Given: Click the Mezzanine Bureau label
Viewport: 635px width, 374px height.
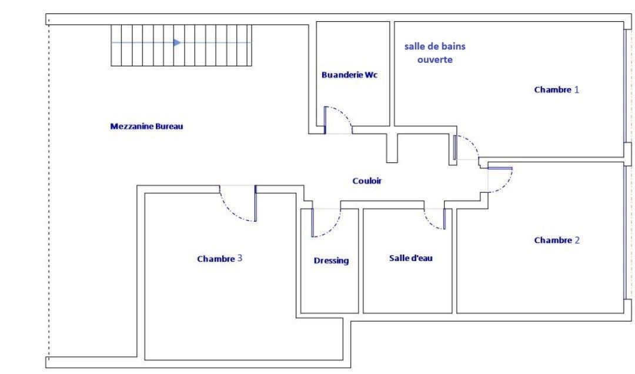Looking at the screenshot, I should pos(146,126).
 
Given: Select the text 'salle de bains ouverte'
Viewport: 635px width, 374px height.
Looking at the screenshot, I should pos(435,53).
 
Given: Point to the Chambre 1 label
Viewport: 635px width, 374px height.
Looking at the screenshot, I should pos(556,90).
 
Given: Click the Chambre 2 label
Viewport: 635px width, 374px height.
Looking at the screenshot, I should pos(556,241).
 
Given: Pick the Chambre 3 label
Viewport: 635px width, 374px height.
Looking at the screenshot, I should pos(219,259).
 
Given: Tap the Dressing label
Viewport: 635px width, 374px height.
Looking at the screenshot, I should pos(331,261).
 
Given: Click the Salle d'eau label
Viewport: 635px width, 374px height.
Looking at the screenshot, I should pos(411,258).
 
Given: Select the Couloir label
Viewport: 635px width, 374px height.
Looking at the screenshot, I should pos(367,181).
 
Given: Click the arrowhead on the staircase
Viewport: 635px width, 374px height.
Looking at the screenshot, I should pos(177,42).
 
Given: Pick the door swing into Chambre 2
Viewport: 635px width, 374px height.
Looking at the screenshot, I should pos(500,181).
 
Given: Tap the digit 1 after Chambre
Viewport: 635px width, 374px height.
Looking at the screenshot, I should pos(577,90).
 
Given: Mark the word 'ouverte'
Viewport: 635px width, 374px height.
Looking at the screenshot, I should pos(435,60).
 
